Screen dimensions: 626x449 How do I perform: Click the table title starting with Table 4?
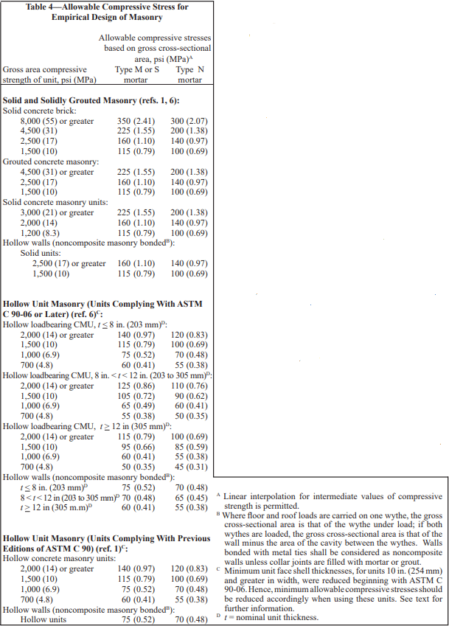point(107,12)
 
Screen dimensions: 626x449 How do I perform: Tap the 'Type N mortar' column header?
point(189,74)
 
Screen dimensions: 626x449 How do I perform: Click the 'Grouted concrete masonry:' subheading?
point(50,161)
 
